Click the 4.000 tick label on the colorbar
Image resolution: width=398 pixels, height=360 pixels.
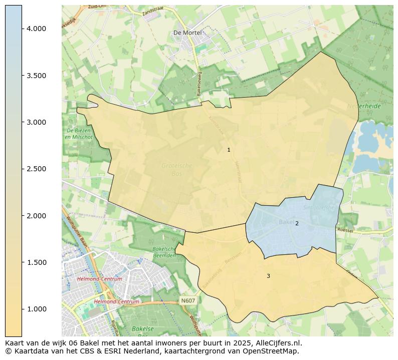pos(37,29)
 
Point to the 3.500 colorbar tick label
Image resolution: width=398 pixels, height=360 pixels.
pos(37,76)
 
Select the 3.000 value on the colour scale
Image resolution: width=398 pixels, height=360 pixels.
pos(37,122)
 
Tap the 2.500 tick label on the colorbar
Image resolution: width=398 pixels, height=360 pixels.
pos(37,169)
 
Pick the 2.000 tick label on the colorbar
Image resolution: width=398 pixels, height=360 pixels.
pos(37,216)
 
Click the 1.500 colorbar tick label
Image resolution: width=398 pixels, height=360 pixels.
pos(37,262)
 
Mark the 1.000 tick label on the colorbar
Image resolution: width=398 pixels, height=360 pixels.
pos(37,309)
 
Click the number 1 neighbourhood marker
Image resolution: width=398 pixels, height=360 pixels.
pos(229,150)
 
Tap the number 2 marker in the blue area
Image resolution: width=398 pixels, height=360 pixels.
pos(297,223)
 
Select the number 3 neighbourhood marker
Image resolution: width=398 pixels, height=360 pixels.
pos(268,276)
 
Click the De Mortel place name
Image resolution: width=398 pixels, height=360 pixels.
pos(187,33)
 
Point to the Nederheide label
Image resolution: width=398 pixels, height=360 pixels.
pos(363,106)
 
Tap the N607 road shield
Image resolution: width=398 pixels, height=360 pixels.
pos(187,300)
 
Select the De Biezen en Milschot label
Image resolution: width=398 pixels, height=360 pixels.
pos(79,134)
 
